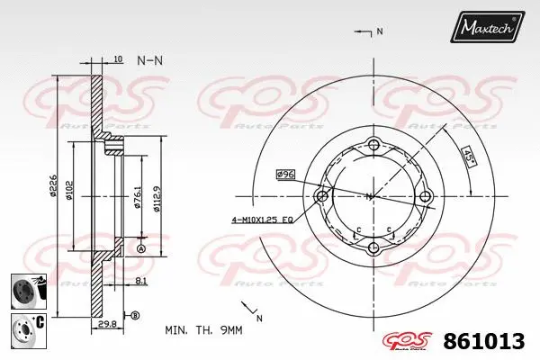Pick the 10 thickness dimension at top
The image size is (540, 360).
[x=118, y=59]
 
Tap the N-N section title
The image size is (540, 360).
[x=149, y=60]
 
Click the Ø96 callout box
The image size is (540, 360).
[x=286, y=174]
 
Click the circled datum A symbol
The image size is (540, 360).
[x=140, y=248]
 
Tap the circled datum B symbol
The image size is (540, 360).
[x=135, y=315]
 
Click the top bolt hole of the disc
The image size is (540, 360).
[x=374, y=143]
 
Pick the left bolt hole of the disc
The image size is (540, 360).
[x=321, y=196]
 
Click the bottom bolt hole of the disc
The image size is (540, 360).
[x=374, y=248]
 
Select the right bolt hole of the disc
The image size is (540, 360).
[x=427, y=196]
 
